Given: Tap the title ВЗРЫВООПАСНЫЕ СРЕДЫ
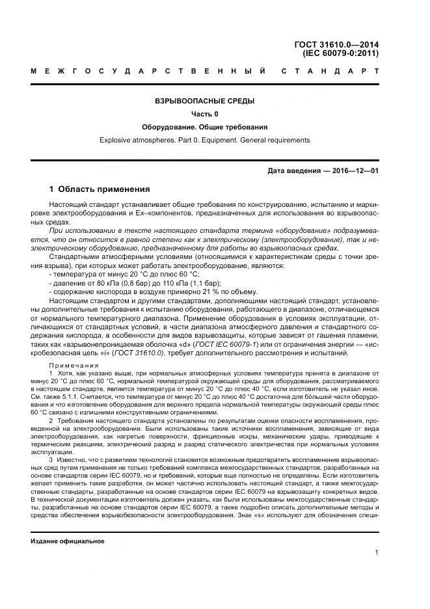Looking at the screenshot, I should (x=204, y=101).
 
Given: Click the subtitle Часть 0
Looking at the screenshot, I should (x=204, y=114).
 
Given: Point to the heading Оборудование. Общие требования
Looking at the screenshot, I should (x=204, y=127).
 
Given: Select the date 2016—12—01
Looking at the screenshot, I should (x=356, y=171).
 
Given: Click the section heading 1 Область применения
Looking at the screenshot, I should (x=100, y=189).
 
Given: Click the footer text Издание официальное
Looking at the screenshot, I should (x=67, y=541).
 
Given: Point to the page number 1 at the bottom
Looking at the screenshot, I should (x=377, y=552).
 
